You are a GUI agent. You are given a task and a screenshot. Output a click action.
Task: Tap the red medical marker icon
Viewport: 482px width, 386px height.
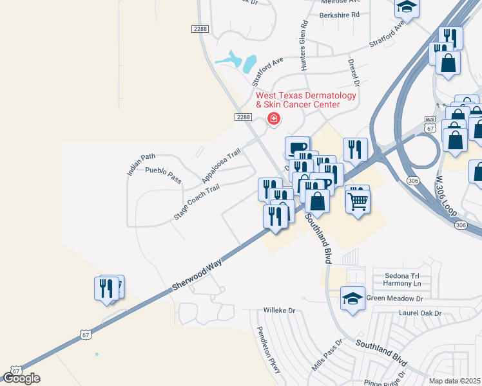click(x=273, y=118)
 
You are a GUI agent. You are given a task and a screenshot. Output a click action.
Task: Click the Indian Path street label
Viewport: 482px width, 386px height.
click(x=142, y=164)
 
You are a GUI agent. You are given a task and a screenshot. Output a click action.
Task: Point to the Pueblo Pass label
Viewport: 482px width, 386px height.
click(x=163, y=175)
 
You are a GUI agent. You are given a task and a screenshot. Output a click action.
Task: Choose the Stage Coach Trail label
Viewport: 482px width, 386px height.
click(x=197, y=202)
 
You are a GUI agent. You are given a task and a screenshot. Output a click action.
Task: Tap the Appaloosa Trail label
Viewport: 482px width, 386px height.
click(x=221, y=165)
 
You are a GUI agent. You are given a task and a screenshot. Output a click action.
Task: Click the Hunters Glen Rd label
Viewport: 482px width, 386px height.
click(x=304, y=45)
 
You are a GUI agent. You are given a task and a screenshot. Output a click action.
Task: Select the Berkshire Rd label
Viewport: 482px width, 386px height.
click(x=338, y=14)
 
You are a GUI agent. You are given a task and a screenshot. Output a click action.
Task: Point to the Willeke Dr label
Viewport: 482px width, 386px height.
click(x=279, y=310)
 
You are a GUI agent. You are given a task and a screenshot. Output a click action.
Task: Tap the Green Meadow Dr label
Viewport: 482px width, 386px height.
click(x=394, y=299)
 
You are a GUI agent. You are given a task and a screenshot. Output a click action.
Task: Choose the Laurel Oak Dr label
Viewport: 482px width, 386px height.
click(x=420, y=314)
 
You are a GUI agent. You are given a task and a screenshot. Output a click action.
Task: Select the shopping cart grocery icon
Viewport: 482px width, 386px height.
click(x=358, y=201)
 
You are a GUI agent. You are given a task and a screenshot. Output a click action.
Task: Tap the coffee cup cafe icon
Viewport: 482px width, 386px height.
click(x=298, y=148)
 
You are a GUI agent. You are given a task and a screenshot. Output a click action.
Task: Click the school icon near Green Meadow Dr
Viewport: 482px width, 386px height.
click(x=352, y=299)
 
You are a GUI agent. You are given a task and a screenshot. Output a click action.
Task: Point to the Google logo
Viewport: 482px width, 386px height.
click(x=21, y=378)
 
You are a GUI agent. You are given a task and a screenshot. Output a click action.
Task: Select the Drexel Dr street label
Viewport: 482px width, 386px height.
click(x=353, y=74)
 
